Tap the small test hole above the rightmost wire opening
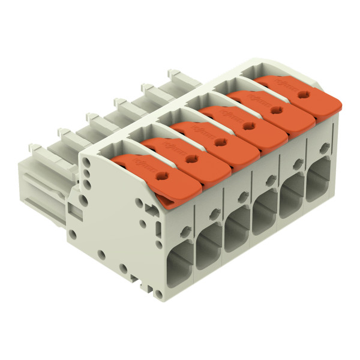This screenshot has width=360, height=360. [324, 148]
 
